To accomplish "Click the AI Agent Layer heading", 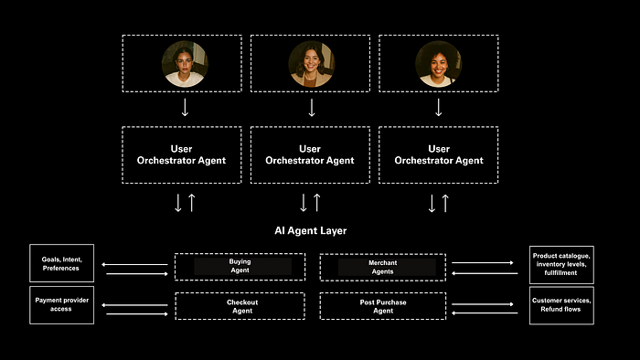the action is click(311, 231).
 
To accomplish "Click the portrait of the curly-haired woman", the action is click(438, 64).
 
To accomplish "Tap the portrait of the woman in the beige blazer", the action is click(312, 64).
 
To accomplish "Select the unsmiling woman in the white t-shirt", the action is click(185, 64).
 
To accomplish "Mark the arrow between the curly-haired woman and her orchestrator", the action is click(439, 108).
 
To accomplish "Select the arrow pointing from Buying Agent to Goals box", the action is click(134, 265).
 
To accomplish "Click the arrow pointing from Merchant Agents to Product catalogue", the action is click(483, 263).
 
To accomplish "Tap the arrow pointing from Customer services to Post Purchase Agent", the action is click(485, 313).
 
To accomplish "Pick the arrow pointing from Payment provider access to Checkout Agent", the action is click(137, 314).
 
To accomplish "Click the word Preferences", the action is click(61, 269).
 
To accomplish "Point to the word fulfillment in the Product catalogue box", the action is click(560, 273).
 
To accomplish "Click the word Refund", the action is click(549, 309).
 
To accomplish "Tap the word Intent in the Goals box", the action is click(72, 259).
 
